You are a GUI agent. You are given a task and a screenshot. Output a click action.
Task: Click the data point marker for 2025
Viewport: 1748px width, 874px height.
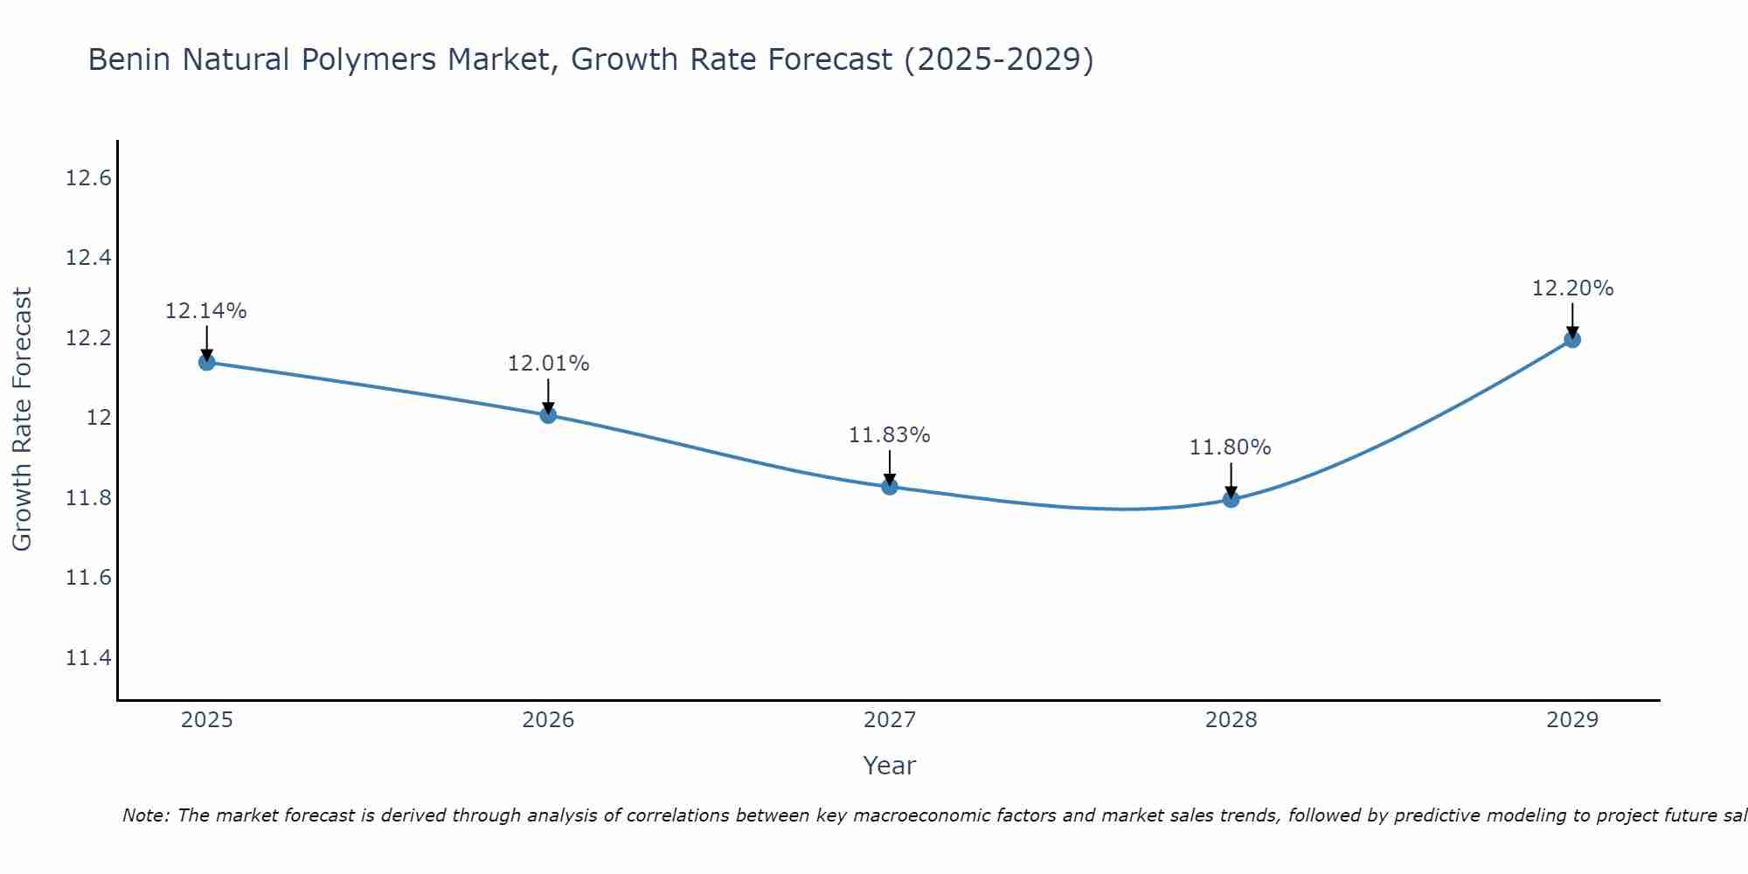[207, 362]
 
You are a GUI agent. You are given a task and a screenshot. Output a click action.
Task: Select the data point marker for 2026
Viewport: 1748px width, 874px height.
[548, 414]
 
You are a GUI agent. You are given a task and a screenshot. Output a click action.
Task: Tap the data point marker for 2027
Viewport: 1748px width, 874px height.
[890, 486]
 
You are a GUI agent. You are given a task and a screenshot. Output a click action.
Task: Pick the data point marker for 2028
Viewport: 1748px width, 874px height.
[1231, 499]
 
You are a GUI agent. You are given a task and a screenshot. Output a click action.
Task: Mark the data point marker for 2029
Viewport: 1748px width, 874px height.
[1572, 339]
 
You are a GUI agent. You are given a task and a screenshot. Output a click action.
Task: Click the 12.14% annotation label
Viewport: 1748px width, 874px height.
[206, 311]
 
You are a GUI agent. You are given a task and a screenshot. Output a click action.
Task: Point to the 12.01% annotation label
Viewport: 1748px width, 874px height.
[548, 364]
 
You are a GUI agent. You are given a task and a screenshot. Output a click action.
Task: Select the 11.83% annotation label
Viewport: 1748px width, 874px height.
[890, 435]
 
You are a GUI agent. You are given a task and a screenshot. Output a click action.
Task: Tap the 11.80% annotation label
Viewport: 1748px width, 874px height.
[1231, 447]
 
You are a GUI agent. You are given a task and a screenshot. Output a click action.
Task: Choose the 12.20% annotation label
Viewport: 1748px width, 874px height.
[1572, 288]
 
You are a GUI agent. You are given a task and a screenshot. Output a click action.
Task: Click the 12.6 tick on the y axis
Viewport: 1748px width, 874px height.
[89, 179]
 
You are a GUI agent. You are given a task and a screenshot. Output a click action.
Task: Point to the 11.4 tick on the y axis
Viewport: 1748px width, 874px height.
[89, 658]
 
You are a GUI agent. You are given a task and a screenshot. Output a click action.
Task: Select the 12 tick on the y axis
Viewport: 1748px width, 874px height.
[100, 419]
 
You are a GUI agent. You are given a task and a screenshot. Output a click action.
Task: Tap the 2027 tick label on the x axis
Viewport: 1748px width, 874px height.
[890, 720]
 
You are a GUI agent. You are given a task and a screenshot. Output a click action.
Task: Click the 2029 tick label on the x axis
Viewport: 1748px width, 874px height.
[1572, 720]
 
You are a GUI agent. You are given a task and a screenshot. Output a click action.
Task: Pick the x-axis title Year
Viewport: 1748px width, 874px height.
[890, 766]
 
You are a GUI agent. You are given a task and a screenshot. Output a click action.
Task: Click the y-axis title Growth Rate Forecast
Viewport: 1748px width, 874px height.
[22, 420]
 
